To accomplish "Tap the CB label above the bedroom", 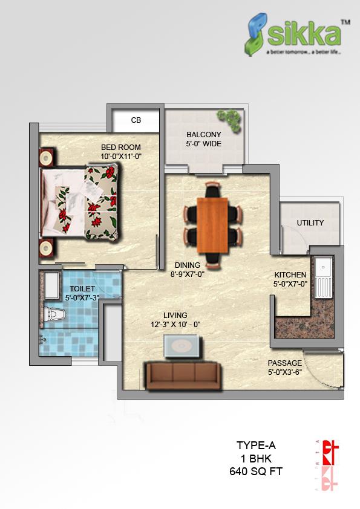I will click(x=136, y=120).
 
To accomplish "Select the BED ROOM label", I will click(x=121, y=147).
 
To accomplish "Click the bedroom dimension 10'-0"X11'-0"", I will click(x=121, y=156).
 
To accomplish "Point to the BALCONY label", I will click(x=203, y=134).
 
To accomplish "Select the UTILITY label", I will click(x=310, y=222).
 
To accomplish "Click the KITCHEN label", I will click(x=291, y=274).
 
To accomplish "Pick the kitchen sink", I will click(x=324, y=277).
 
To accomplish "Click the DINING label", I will click(x=188, y=265).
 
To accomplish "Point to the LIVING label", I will click(x=175, y=315).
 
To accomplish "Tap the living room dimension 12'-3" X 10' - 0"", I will click(x=175, y=324).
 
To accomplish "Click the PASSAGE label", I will click(x=285, y=363).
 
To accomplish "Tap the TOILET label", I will click(x=82, y=289).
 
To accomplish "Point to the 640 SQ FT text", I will click(x=255, y=471).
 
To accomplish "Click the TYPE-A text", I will click(x=255, y=446).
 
